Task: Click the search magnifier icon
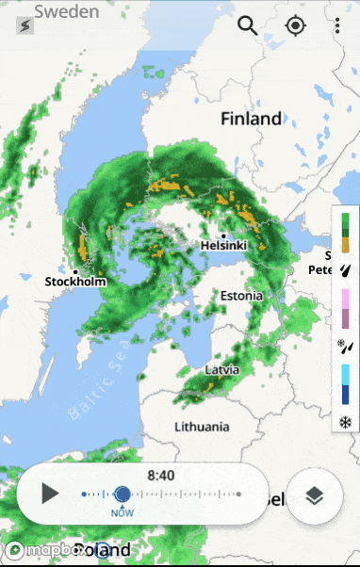point(248,25)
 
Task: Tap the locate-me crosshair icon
point(296,25)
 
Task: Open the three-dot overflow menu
point(337,25)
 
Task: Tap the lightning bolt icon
point(25,26)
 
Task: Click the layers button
point(314,494)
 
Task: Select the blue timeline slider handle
point(123,494)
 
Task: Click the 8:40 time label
point(161,476)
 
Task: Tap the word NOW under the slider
point(123,512)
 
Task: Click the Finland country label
point(251,119)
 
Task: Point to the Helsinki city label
point(223,246)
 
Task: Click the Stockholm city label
point(75,281)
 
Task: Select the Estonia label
point(242,296)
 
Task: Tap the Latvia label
point(222,369)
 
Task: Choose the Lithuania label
point(202,427)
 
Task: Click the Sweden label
point(66,12)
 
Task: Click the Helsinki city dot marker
point(224,235)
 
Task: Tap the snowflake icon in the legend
point(345,421)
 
